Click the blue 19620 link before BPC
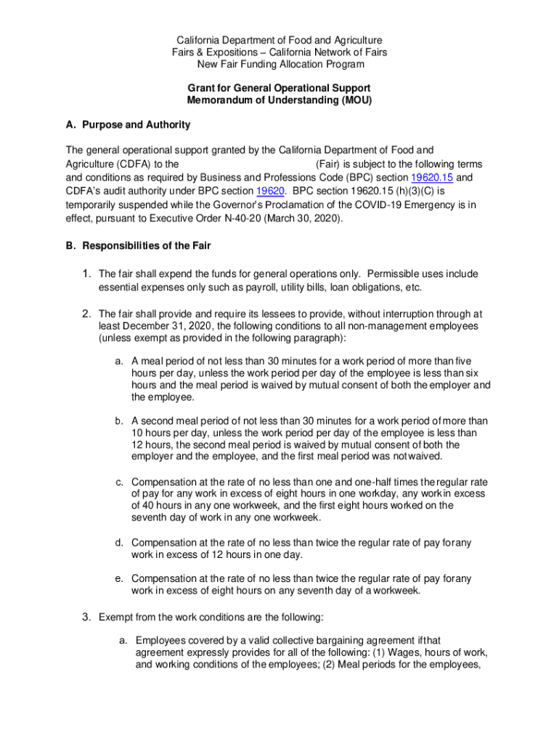(x=269, y=192)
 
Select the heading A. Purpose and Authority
(x=128, y=125)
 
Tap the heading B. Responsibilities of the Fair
(x=138, y=246)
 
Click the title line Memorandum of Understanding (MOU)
(x=279, y=101)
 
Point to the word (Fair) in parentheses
(x=330, y=164)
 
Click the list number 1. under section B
(x=86, y=274)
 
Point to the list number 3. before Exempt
(x=86, y=617)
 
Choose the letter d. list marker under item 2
(x=118, y=543)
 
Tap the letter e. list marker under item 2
(x=118, y=578)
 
